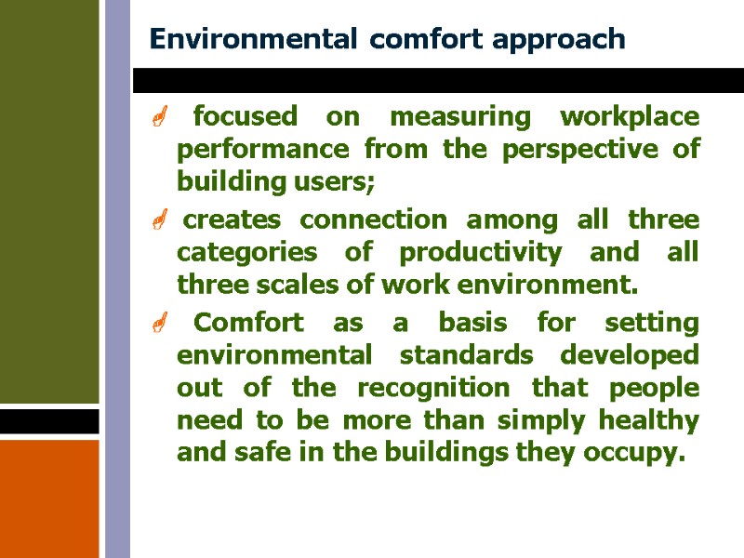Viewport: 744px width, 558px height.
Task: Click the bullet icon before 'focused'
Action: [x=159, y=118]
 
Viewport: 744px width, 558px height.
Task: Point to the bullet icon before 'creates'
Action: [x=159, y=221]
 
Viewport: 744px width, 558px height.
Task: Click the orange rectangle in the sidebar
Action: [x=49, y=498]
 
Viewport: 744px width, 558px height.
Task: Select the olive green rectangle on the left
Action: [x=49, y=200]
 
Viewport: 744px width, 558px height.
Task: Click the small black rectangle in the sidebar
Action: [x=49, y=421]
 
